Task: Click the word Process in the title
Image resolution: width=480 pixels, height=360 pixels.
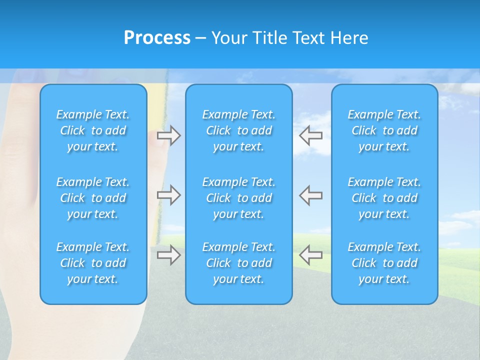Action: click(x=157, y=38)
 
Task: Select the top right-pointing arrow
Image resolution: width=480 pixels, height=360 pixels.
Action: click(x=168, y=135)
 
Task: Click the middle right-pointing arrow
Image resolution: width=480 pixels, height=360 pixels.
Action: click(x=168, y=195)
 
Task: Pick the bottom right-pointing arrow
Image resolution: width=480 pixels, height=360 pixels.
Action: click(x=168, y=255)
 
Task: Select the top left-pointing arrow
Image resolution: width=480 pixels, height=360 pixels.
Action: click(x=310, y=135)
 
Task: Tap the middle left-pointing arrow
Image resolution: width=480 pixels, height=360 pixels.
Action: click(x=310, y=195)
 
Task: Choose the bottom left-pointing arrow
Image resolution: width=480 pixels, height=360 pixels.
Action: click(x=310, y=255)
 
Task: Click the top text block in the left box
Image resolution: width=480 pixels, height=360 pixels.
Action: click(x=93, y=130)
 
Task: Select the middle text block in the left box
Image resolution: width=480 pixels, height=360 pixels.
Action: click(x=93, y=198)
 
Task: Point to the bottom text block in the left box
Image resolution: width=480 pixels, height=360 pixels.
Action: click(x=93, y=263)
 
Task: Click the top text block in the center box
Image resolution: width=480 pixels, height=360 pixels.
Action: click(x=238, y=130)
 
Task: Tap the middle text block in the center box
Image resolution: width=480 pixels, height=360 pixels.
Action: click(x=238, y=198)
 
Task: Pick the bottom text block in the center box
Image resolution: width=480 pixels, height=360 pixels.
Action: click(x=238, y=263)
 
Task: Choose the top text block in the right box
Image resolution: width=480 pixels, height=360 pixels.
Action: click(x=384, y=130)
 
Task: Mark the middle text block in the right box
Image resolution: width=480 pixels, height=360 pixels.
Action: click(x=384, y=198)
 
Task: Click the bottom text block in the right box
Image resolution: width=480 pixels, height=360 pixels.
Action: click(x=384, y=263)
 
